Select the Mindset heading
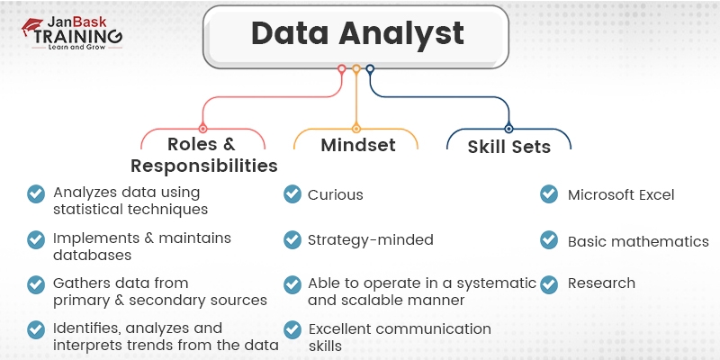point(358,145)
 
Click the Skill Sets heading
point(508,147)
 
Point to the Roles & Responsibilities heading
point(203,155)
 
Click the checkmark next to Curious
point(292,194)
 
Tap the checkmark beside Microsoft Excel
point(548,194)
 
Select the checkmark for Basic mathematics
point(548,240)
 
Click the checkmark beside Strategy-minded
point(292,239)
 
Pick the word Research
point(601,283)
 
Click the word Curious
point(336,194)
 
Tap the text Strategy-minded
point(371,240)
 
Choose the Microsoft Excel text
point(621,194)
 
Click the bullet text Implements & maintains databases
point(142,247)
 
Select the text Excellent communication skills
point(400,337)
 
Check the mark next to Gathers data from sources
point(36,284)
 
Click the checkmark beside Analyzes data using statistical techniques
point(36,194)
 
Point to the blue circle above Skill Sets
point(508,129)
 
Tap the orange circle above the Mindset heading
point(356,129)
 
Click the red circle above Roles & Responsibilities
point(203,129)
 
